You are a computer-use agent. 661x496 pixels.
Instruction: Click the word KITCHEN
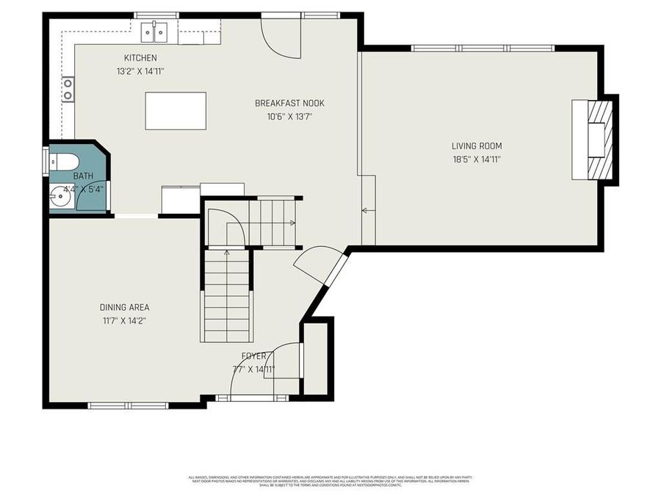tap(140, 58)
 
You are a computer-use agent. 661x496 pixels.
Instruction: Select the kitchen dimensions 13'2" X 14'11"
tap(140, 71)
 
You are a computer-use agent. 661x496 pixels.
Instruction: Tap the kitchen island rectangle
tap(176, 111)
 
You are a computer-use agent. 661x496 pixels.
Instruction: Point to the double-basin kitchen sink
tap(154, 32)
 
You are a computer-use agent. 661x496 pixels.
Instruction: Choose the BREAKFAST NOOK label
tap(289, 104)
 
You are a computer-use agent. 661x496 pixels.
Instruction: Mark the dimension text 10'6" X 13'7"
tap(289, 116)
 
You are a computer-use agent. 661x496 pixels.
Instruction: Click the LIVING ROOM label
tap(477, 146)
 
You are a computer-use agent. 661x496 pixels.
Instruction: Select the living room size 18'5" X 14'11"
tap(477, 159)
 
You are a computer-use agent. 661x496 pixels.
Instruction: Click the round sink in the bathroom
tap(62, 197)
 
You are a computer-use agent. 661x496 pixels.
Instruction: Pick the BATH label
tap(83, 177)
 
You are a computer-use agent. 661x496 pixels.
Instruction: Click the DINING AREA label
tap(125, 307)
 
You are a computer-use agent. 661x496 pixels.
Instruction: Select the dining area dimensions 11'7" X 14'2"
tap(125, 320)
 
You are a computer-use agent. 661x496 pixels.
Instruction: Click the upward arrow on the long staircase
tap(226, 254)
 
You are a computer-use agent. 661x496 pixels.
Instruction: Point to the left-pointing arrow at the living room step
tap(365, 210)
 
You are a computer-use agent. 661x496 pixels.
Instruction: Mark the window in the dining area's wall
tap(118, 405)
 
